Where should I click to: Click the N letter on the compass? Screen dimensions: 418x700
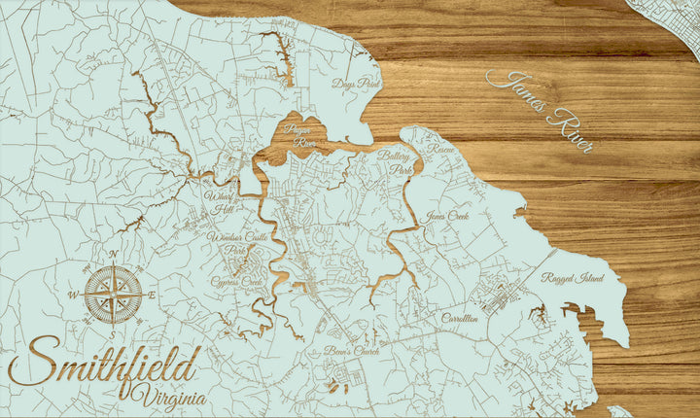pyautogui.click(x=113, y=256)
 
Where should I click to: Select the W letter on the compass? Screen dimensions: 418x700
pyautogui.click(x=72, y=294)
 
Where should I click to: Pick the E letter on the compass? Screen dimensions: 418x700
pyautogui.click(x=154, y=294)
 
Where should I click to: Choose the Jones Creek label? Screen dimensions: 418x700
pyautogui.click(x=447, y=216)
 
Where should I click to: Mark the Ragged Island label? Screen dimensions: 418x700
pyautogui.click(x=573, y=278)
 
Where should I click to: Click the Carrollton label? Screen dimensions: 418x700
pyautogui.click(x=460, y=318)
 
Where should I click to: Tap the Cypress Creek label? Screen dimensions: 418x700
pyautogui.click(x=237, y=282)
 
